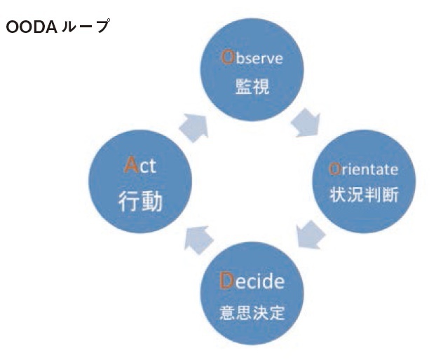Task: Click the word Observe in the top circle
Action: (252, 58)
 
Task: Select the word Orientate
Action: (363, 169)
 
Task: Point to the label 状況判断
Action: (364, 195)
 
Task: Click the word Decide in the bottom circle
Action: (252, 282)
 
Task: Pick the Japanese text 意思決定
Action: (252, 312)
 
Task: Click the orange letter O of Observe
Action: (226, 58)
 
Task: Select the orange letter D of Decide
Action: (225, 282)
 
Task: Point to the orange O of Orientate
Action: (334, 169)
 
